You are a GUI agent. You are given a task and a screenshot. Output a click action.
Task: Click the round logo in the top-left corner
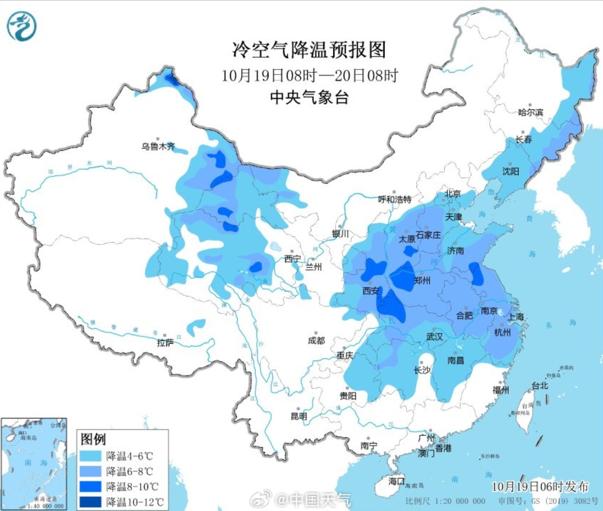pyautogui.click(x=22, y=26)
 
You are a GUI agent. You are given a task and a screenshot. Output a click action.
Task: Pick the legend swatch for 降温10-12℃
pyautogui.click(x=91, y=502)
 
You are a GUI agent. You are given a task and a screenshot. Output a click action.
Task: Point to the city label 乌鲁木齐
pyautogui.click(x=158, y=147)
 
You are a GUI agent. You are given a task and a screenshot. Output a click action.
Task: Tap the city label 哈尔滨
pyautogui.click(x=531, y=112)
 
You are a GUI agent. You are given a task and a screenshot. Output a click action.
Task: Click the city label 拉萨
pyautogui.click(x=166, y=342)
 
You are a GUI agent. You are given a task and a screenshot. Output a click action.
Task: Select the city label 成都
pyautogui.click(x=317, y=340)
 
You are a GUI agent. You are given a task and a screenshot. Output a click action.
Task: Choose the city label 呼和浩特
pyautogui.click(x=395, y=199)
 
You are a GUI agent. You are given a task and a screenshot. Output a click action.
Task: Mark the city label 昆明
pyautogui.click(x=299, y=416)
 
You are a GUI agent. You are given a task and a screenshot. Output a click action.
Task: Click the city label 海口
pyautogui.click(x=397, y=481)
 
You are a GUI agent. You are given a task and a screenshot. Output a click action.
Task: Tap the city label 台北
pyautogui.click(x=539, y=386)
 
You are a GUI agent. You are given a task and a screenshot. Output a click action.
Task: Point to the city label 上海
pyautogui.click(x=517, y=316)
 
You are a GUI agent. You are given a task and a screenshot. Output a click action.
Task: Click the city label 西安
pyautogui.click(x=371, y=290)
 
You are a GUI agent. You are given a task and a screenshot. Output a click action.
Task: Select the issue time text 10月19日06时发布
pyautogui.click(x=540, y=486)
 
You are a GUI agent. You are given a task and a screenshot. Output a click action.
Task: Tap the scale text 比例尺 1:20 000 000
pyautogui.click(x=446, y=502)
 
